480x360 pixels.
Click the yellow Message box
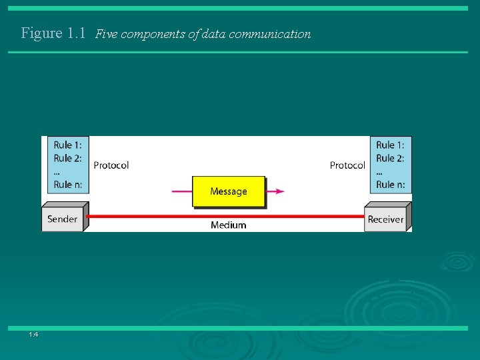pos(229,191)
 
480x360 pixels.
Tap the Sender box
pos(62,219)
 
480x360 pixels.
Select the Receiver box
pos(385,219)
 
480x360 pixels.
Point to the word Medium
pos(228,225)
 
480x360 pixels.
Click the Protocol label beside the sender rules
pos(111,165)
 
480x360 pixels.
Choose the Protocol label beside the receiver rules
pos(347,165)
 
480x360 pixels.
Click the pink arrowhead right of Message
pos(279,191)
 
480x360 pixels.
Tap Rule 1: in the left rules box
pos(67,145)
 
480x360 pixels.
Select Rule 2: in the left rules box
pos(67,158)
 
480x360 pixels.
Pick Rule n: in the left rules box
pos(67,185)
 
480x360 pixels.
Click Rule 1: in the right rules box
pos(390,145)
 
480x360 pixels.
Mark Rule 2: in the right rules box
pos(390,158)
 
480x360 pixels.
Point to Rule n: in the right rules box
pos(390,185)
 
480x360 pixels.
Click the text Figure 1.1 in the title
pos(53,33)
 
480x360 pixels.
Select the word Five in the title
pos(106,34)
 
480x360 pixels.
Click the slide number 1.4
pos(33,334)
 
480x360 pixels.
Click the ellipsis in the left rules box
pos(57,173)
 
